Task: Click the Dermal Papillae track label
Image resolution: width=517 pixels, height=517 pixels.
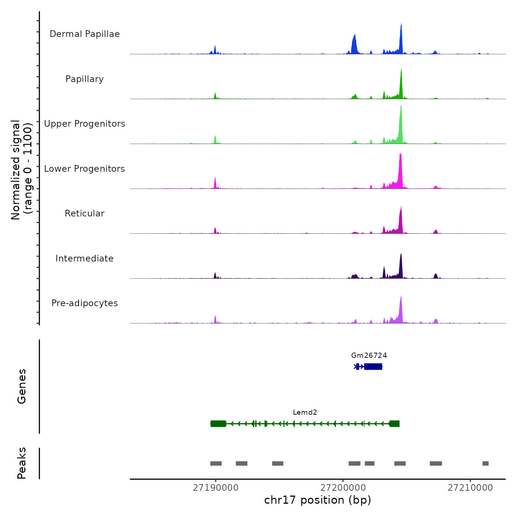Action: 85,34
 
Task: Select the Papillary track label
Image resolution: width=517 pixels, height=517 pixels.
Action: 85,79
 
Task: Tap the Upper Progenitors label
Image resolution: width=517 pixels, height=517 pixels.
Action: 85,124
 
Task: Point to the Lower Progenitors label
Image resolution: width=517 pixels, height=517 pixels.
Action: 85,169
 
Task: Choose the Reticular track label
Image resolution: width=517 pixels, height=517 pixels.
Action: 85,213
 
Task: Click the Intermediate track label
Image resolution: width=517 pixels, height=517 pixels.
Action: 85,258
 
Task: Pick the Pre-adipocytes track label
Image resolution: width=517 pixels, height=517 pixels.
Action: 85,303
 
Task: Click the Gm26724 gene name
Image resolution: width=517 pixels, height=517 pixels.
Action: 369,356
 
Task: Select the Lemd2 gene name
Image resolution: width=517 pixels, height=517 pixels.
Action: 305,412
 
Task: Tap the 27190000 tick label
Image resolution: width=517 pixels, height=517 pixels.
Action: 216,488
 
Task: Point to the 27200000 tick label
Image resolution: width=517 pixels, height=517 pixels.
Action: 343,488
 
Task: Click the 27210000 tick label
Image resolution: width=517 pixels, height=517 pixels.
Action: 470,488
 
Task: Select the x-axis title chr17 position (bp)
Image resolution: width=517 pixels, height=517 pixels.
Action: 318,500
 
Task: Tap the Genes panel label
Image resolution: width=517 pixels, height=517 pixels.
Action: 22,386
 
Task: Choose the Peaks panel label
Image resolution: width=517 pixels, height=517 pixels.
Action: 22,463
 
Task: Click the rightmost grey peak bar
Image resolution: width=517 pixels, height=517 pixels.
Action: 486,463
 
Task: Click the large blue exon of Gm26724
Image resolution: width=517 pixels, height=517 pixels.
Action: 373,366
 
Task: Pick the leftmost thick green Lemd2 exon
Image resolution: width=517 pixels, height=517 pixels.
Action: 218,424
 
